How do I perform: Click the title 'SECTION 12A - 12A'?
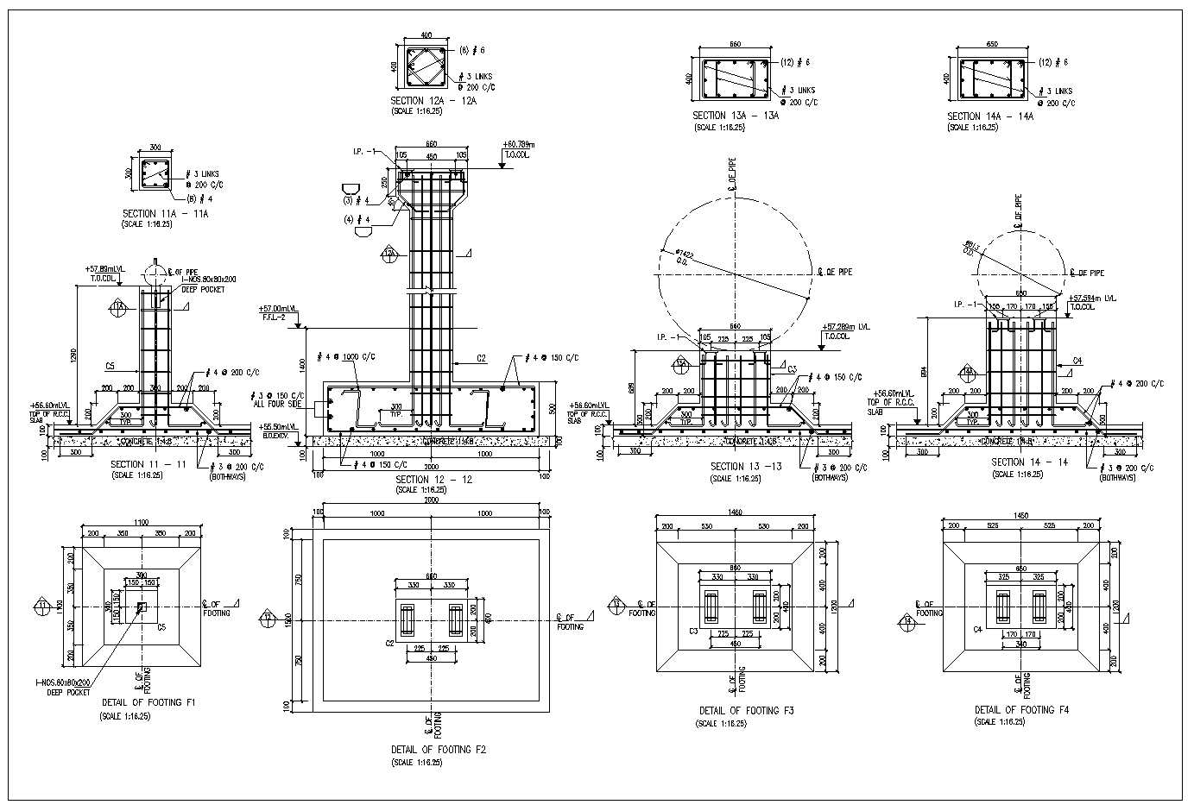point(433,101)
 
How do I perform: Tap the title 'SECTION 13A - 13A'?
point(736,116)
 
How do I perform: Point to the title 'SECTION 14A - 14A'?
point(990,116)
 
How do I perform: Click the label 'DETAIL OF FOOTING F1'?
point(148,703)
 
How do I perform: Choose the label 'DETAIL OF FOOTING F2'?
point(439,750)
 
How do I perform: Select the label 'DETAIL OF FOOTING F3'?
point(746,711)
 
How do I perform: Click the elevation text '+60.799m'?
point(518,145)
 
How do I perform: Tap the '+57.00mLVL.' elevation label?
point(278,308)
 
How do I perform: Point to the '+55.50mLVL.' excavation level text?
point(278,427)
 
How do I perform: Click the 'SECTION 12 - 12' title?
point(433,479)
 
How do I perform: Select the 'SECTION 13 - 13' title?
point(746,467)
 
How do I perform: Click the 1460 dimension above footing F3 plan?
point(735,512)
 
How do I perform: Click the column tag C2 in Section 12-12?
point(482,357)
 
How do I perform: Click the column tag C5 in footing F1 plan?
point(161,627)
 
